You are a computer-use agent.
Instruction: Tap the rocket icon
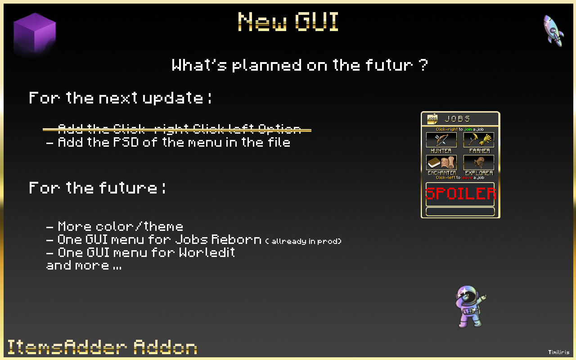click(553, 30)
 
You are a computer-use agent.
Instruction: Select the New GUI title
click(288, 22)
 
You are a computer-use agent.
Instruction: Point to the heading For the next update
click(120, 98)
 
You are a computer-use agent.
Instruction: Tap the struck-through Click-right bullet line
click(177, 130)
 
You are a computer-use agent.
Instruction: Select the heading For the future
click(97, 187)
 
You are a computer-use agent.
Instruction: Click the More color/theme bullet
click(115, 226)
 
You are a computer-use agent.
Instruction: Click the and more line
click(84, 265)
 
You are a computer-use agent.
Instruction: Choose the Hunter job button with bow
click(441, 140)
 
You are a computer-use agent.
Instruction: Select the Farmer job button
click(479, 140)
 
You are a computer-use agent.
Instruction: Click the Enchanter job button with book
click(441, 162)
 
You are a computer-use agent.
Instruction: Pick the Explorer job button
click(479, 162)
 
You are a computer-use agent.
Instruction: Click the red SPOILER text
click(460, 193)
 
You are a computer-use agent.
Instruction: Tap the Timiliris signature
click(558, 352)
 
